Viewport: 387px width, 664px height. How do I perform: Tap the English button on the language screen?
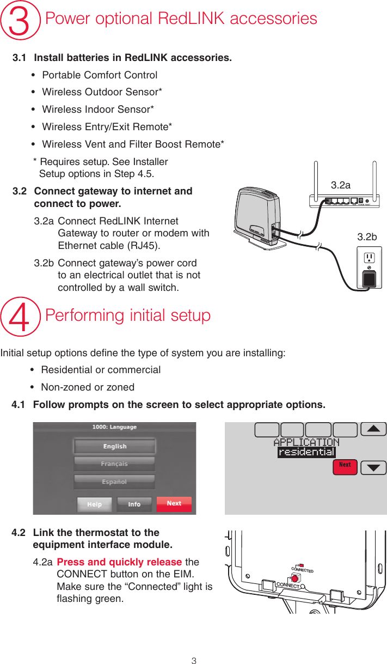[114, 446]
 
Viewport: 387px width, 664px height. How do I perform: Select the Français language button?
[114, 464]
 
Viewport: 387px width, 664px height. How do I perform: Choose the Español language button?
[114, 482]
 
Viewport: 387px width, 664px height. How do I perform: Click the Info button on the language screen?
[134, 504]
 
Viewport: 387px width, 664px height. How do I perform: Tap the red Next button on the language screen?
[174, 504]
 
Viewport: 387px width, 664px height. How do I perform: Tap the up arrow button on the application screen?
[373, 429]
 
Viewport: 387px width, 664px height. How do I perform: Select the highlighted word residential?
[306, 452]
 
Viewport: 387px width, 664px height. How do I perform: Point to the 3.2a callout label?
[341, 185]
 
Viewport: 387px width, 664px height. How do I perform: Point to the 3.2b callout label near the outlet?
[367, 237]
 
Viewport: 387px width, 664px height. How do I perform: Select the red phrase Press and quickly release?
[119, 562]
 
